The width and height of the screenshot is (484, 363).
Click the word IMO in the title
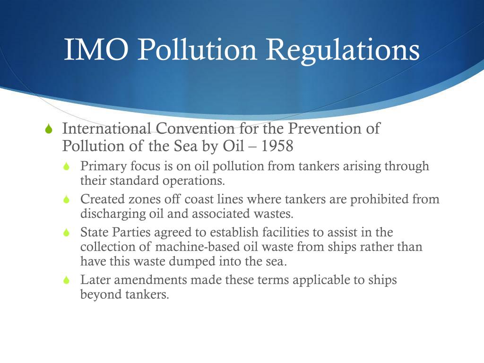pyautogui.click(x=96, y=50)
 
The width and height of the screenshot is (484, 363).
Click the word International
pyautogui.click(x=106, y=129)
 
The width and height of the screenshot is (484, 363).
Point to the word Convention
pyautogui.click(x=195, y=129)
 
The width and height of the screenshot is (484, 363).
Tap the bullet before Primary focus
pyautogui.click(x=67, y=167)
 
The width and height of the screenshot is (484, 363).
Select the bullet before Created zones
pyautogui.click(x=67, y=200)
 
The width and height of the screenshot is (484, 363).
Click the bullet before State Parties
pyautogui.click(x=67, y=233)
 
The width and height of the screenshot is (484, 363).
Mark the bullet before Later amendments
pyautogui.click(x=67, y=280)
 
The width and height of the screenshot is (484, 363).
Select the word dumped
pyautogui.click(x=189, y=261)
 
